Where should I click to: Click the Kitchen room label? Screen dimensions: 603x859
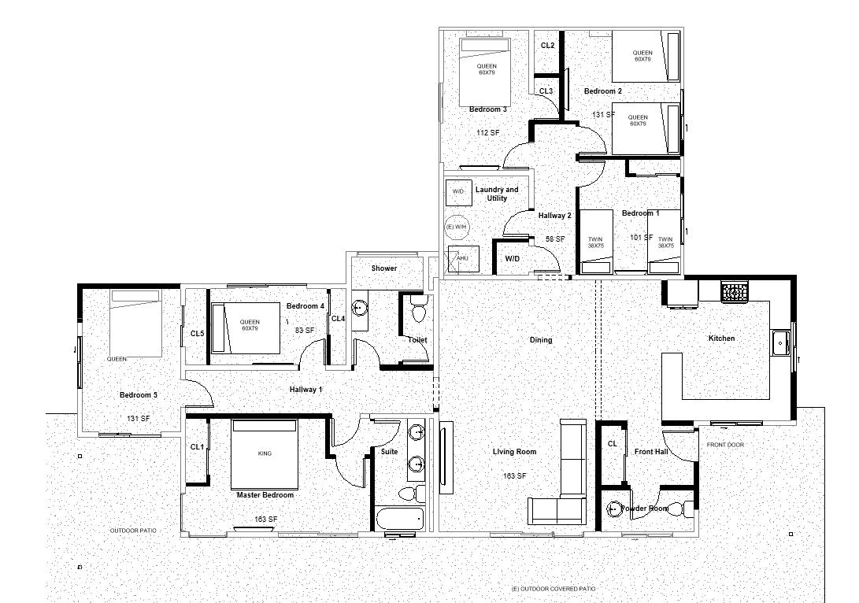pyautogui.click(x=721, y=338)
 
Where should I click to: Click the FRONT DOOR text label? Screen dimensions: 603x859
pyautogui.click(x=725, y=446)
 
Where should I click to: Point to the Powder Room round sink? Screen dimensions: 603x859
pyautogui.click(x=615, y=509)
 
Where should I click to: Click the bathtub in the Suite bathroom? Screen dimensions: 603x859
pyautogui.click(x=399, y=520)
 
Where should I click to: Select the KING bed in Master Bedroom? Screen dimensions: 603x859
pyautogui.click(x=265, y=454)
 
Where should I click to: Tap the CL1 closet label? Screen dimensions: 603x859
pyautogui.click(x=197, y=447)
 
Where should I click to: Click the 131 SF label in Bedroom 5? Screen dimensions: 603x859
pyautogui.click(x=139, y=419)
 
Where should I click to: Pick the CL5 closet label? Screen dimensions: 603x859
pyautogui.click(x=197, y=334)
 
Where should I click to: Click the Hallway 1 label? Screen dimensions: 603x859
pyautogui.click(x=305, y=390)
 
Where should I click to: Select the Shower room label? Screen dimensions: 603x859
pyautogui.click(x=384, y=268)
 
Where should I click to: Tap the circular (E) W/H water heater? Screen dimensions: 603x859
pyautogui.click(x=456, y=227)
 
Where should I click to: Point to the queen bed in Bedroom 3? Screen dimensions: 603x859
pyautogui.click(x=487, y=72)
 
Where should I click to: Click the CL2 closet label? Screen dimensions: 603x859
pyautogui.click(x=547, y=46)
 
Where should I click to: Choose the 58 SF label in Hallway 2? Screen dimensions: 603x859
pyautogui.click(x=555, y=239)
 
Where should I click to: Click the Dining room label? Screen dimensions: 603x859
pyautogui.click(x=541, y=340)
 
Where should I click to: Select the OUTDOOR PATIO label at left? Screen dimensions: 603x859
pyautogui.click(x=133, y=531)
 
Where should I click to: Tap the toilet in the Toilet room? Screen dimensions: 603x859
pyautogui.click(x=417, y=312)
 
